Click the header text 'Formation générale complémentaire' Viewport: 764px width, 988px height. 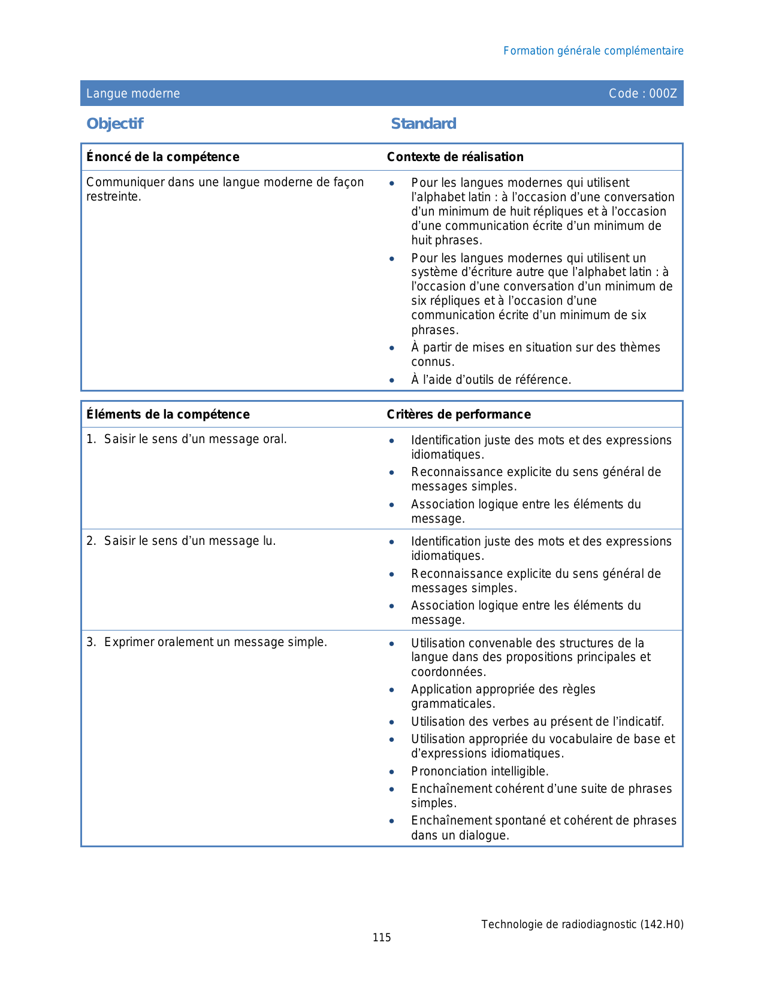coord(593,51)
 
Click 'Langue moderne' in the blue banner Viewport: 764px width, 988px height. coord(133,93)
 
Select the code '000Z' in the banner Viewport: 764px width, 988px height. coord(663,93)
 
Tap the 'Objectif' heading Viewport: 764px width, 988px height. coord(114,123)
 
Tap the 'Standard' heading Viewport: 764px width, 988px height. coord(423,123)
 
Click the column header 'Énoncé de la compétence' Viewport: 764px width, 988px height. coord(162,157)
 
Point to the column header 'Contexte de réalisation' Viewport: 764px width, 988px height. coord(455,157)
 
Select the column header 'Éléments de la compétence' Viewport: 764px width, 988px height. coord(168,414)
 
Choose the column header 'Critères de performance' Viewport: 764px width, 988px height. coord(458,414)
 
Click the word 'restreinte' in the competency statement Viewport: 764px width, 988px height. coord(113,197)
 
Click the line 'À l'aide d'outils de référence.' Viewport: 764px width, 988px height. coord(491,380)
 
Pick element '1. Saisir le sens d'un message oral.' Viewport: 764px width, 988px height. coord(186,439)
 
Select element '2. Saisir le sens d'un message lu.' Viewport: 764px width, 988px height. coord(181,541)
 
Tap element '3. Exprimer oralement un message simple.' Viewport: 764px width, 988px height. coord(207,642)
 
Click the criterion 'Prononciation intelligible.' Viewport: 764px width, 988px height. coord(479,771)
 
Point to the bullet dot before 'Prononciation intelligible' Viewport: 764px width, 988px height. coord(391,772)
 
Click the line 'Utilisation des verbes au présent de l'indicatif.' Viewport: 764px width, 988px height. coord(537,722)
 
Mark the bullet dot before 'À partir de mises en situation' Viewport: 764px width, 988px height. coord(391,348)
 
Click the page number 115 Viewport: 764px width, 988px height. coord(382,938)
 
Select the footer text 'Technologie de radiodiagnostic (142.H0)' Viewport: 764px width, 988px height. coord(582,925)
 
